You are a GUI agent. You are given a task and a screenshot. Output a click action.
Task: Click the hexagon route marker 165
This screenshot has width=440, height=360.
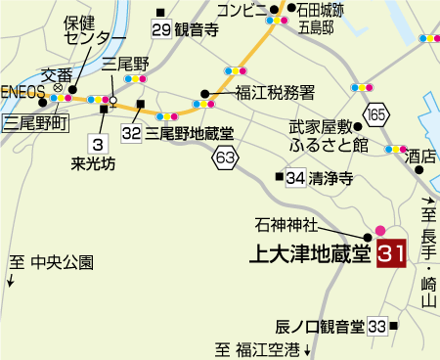point(379,115)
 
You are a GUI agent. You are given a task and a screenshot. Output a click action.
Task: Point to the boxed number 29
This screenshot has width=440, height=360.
point(161,28)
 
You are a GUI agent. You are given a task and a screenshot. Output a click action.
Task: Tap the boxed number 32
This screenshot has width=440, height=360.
point(133,130)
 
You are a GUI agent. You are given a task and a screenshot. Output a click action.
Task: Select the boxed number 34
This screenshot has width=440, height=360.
point(295,177)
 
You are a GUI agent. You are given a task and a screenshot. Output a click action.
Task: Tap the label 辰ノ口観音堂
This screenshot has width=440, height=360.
point(319,325)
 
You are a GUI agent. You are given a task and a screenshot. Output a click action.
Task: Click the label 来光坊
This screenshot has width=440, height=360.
point(94,162)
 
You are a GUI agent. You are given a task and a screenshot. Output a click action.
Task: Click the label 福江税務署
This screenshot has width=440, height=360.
point(275,94)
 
